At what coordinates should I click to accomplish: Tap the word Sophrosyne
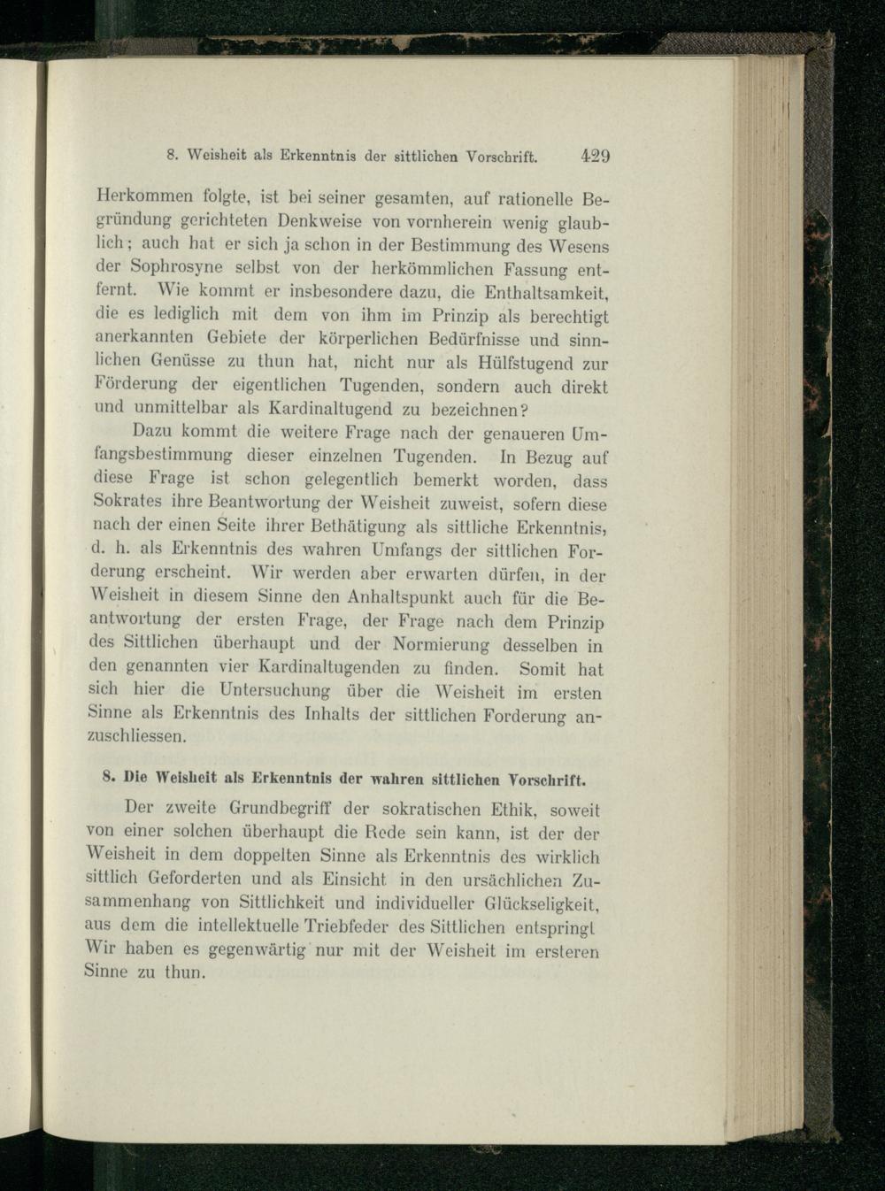(173, 266)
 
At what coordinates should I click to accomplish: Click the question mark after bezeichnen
(524, 410)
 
